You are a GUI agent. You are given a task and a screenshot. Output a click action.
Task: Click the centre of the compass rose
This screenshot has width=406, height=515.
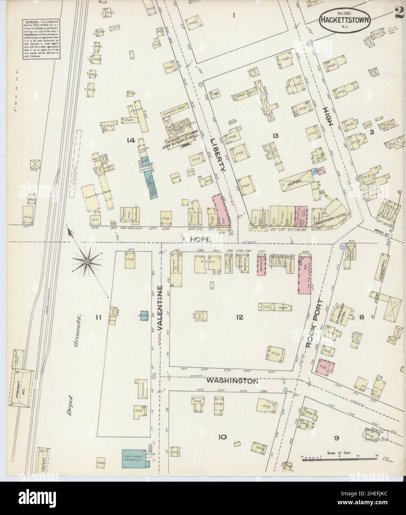click(x=87, y=262)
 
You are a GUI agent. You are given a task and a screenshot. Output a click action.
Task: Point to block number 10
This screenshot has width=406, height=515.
click(x=222, y=437)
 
